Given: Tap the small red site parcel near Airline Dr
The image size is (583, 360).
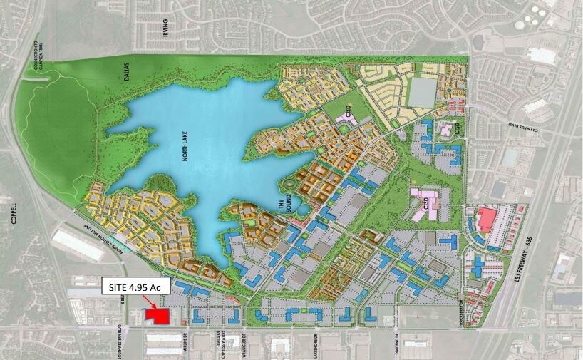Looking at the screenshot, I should (x=156, y=315).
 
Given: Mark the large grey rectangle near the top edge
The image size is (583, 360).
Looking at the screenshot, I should (x=423, y=91).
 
